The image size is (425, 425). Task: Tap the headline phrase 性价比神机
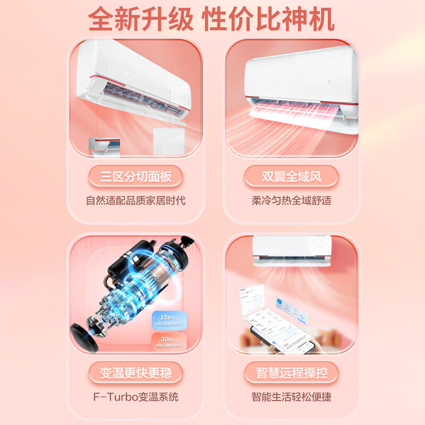coord(269,20)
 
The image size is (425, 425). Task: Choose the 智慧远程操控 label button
coord(291,372)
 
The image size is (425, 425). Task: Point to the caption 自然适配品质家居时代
coord(136,201)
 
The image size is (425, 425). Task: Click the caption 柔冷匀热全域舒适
coord(291,201)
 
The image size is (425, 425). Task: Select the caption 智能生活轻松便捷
coord(291,396)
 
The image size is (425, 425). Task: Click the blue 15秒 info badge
coord(168,320)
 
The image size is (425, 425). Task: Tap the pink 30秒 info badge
coord(168,341)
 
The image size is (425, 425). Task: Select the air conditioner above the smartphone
coord(292,250)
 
